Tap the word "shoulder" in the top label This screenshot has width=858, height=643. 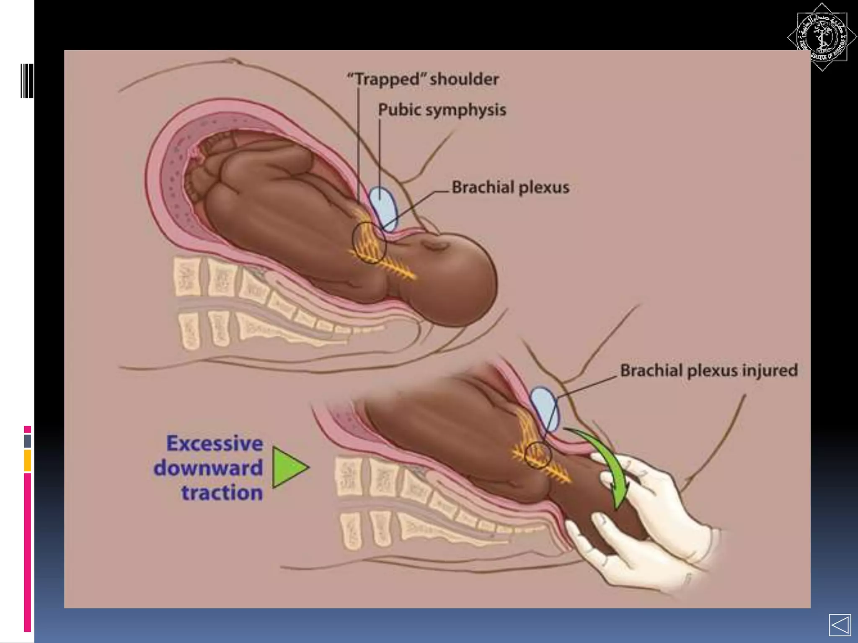464,80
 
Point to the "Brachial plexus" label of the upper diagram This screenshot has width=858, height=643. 510,187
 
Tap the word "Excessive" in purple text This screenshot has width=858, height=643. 214,443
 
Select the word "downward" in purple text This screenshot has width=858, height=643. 208,468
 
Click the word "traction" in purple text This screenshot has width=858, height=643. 222,492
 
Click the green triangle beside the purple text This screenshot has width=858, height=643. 288,467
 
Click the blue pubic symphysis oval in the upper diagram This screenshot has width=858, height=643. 383,208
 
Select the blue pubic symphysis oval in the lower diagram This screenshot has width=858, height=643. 545,409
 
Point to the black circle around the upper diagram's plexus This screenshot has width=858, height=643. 369,243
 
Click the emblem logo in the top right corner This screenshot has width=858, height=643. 822,37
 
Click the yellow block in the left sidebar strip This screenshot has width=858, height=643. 28,460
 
